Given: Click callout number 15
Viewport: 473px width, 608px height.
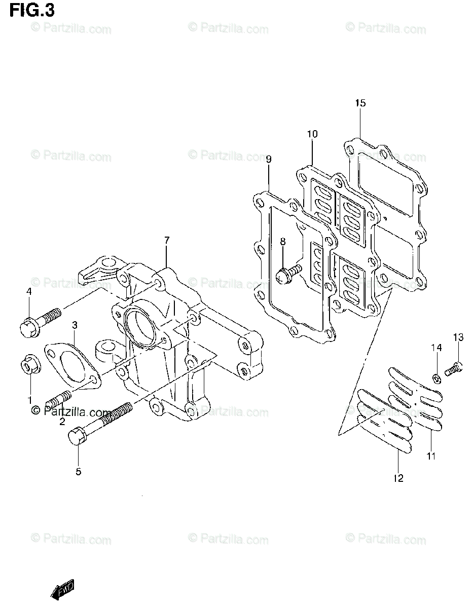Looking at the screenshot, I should pos(360,103).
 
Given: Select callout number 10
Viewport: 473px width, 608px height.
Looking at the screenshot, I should pos(312,134).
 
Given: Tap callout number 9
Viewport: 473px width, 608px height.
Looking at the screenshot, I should pos(269,160).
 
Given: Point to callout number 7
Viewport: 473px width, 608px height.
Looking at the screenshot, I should pos(167,240).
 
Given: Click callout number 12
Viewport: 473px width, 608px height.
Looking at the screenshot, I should pos(398,478).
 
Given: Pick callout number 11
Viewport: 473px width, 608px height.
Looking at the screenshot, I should pos(431,456).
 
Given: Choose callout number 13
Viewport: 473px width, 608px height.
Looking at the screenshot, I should pos(458,337).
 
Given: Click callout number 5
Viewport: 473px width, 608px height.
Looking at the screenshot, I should pos(79,472).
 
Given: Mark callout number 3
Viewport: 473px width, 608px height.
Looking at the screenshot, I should pos(74,325).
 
